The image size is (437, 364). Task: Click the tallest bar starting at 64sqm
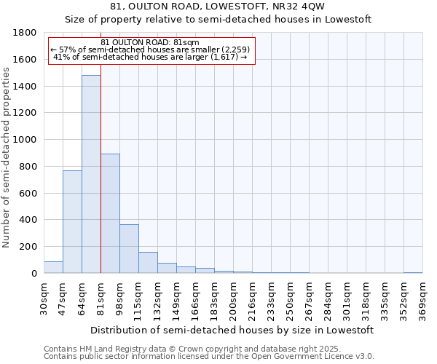pyautogui.click(x=91, y=175)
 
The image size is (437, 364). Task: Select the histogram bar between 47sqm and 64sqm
pyautogui.click(x=72, y=222)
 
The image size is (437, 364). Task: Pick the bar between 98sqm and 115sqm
pyautogui.click(x=129, y=249)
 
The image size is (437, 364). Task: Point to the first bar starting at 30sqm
pyautogui.click(x=53, y=267)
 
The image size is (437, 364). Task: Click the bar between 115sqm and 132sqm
pyautogui.click(x=148, y=263)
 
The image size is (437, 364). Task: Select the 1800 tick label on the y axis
pyautogui.click(x=25, y=33)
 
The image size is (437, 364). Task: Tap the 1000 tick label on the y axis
pyautogui.click(x=25, y=140)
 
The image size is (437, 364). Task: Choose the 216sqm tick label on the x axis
pyautogui.click(x=252, y=299)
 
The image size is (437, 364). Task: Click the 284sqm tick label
pyautogui.click(x=328, y=299)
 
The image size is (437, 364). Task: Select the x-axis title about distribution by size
pyautogui.click(x=232, y=330)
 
